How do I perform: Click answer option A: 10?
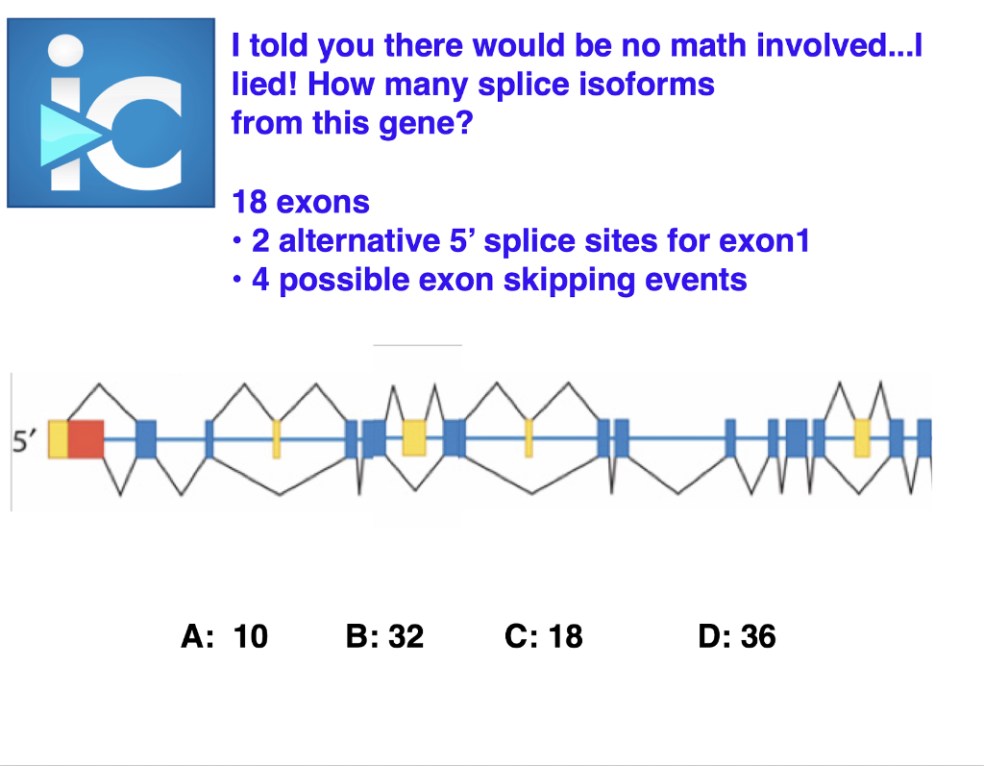pyautogui.click(x=224, y=636)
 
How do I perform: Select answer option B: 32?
pyautogui.click(x=384, y=636)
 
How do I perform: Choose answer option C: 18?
pyautogui.click(x=543, y=636)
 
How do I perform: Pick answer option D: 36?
pyautogui.click(x=737, y=636)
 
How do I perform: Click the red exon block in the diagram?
pyautogui.click(x=86, y=439)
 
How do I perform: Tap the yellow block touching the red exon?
pyautogui.click(x=58, y=439)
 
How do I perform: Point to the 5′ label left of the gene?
pyautogui.click(x=25, y=440)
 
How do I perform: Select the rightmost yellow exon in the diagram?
pyautogui.click(x=862, y=437)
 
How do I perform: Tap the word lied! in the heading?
pyautogui.click(x=265, y=85)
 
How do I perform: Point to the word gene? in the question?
pyautogui.click(x=434, y=123)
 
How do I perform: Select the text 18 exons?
pyautogui.click(x=301, y=202)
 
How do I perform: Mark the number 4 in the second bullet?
pyautogui.click(x=260, y=280)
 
